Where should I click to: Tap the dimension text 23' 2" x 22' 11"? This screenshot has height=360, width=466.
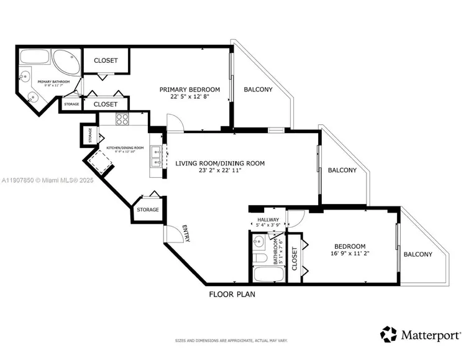click(220, 170)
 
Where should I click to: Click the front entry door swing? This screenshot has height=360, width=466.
click(172, 234)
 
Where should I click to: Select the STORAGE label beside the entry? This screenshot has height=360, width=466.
click(148, 210)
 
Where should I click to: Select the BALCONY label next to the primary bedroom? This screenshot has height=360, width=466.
click(257, 90)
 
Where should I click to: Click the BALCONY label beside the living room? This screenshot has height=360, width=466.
click(342, 170)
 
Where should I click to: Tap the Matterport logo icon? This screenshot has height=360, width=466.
click(389, 334)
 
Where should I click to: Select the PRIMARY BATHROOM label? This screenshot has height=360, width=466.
click(52, 82)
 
